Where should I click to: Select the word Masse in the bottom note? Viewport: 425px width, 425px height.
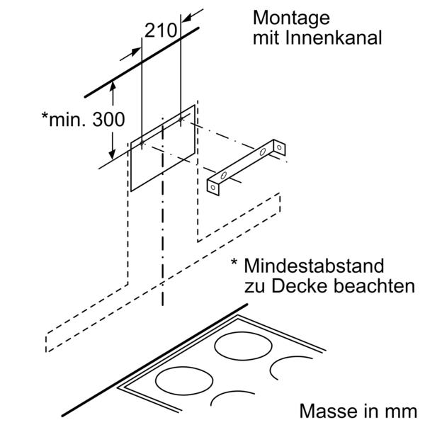[324, 410]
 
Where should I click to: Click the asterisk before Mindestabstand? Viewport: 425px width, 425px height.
[233, 263]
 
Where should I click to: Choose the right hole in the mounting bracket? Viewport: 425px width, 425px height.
[264, 152]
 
